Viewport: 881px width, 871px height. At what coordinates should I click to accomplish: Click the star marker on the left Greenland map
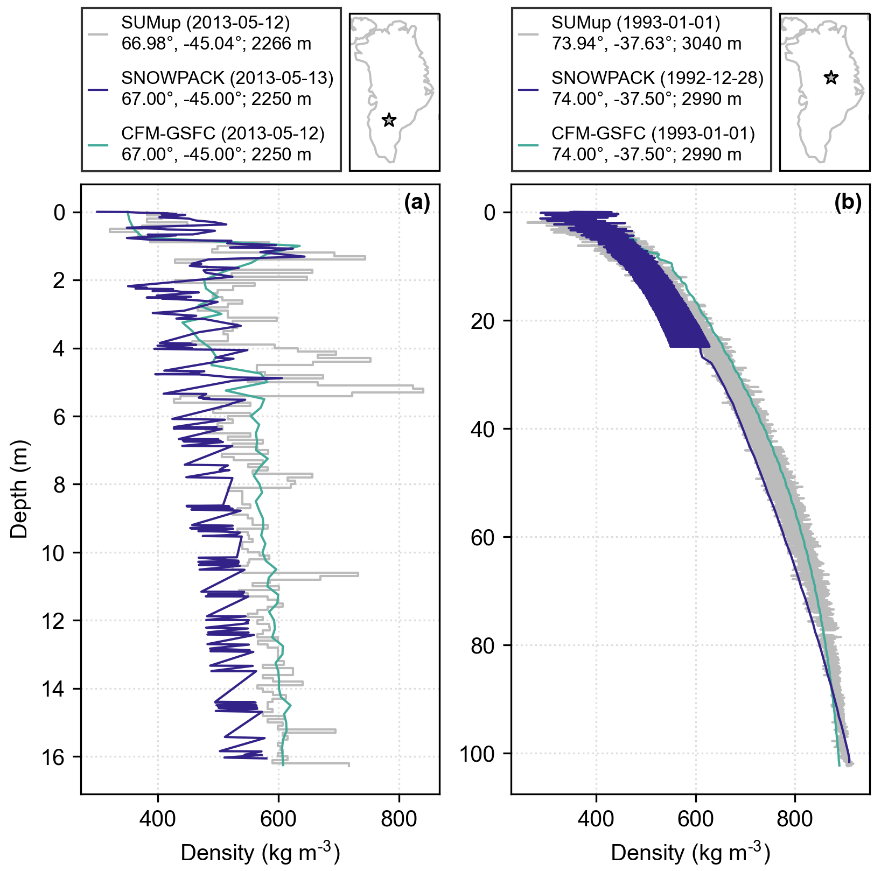coord(389,120)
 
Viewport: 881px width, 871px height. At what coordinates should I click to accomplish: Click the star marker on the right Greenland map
coord(831,78)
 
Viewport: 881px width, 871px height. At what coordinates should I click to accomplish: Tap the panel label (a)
coord(417,202)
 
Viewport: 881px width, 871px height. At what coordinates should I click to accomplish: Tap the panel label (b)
coord(848,202)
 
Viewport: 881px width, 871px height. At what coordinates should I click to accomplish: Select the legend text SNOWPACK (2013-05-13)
coord(227,79)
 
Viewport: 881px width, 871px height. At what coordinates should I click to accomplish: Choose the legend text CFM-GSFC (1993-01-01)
coord(653,134)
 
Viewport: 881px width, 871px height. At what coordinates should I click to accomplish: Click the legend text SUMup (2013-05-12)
coord(205,23)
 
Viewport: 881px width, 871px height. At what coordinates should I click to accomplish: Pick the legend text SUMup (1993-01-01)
coord(635,23)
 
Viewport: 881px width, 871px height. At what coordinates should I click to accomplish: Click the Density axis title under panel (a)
coord(260,853)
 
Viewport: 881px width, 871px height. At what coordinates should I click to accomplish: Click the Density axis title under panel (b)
coord(690,853)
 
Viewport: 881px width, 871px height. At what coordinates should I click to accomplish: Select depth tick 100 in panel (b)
coord(477,754)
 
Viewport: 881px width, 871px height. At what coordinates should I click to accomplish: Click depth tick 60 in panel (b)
coord(484,537)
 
